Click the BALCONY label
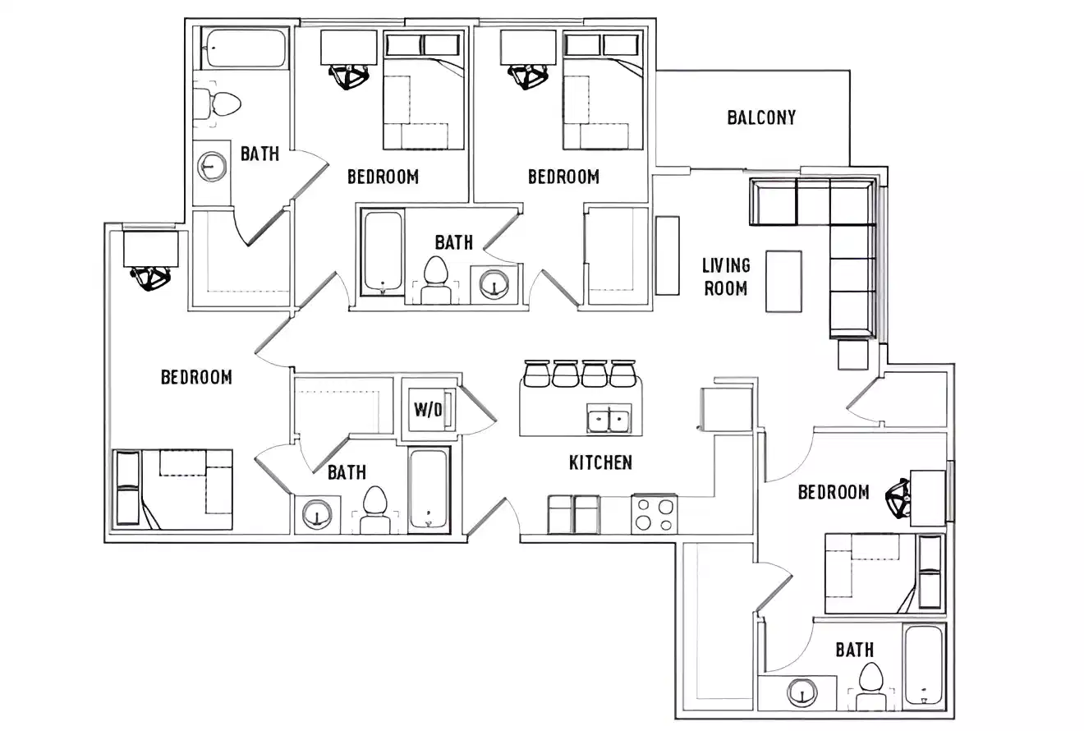point(761,117)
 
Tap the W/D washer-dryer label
point(428,410)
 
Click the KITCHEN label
point(600,462)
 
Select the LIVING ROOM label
point(726,277)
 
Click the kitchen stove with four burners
point(655,514)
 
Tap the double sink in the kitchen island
point(609,419)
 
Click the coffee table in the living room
point(783,281)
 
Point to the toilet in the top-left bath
point(219,103)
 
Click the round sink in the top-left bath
point(213,166)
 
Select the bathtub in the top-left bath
point(244,48)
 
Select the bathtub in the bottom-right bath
point(925,667)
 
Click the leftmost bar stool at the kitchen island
point(536,373)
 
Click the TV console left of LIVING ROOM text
point(668,255)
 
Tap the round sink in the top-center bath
point(494,283)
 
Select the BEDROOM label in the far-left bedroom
point(196,377)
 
